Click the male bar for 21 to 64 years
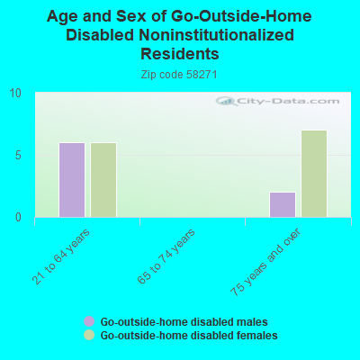[x=72, y=180]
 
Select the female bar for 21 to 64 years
[x=103, y=180]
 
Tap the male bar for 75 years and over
[x=282, y=204]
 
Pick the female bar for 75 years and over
[x=313, y=174]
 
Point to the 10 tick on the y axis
[x=15, y=93]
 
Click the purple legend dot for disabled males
[x=89, y=321]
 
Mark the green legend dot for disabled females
[x=89, y=335]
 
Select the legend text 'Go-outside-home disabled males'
[x=184, y=321]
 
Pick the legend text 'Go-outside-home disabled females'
[x=189, y=335]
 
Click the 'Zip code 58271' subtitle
[x=180, y=74]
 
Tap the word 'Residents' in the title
[x=180, y=53]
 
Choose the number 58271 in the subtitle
[x=202, y=74]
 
